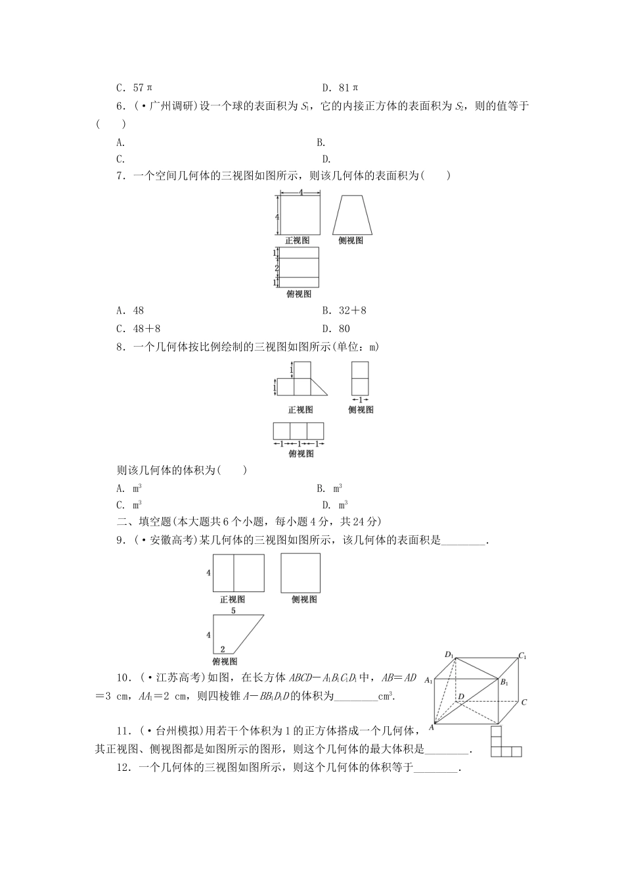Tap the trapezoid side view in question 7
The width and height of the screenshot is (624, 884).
(351, 215)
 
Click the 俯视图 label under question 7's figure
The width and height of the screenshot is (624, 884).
(299, 294)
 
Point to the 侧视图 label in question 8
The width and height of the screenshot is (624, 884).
(361, 410)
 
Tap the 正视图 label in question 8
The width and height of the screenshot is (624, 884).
(300, 410)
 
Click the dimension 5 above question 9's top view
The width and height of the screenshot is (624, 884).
(233, 611)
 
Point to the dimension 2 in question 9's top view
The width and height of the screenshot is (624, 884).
(223, 649)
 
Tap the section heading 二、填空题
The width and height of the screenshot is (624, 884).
(144, 522)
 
